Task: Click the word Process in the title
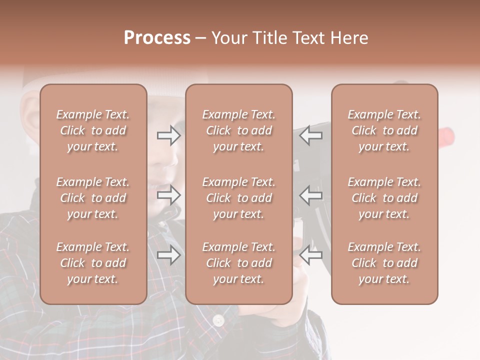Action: tap(157, 38)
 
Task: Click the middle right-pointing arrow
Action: tap(168, 195)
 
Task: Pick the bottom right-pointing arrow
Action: tap(168, 255)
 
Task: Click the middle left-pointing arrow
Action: tap(311, 195)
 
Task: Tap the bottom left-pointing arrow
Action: tap(311, 255)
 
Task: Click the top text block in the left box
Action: tap(93, 130)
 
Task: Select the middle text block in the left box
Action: tap(93, 198)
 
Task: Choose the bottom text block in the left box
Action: tap(93, 263)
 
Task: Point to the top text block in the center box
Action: tap(239, 130)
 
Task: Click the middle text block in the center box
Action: tap(239, 198)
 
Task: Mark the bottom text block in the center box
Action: tap(239, 263)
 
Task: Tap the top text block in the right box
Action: tap(384, 130)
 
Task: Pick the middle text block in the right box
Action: tap(384, 198)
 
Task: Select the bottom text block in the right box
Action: tap(384, 263)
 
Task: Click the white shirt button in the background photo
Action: tap(218, 320)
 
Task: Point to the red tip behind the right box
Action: tap(446, 134)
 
